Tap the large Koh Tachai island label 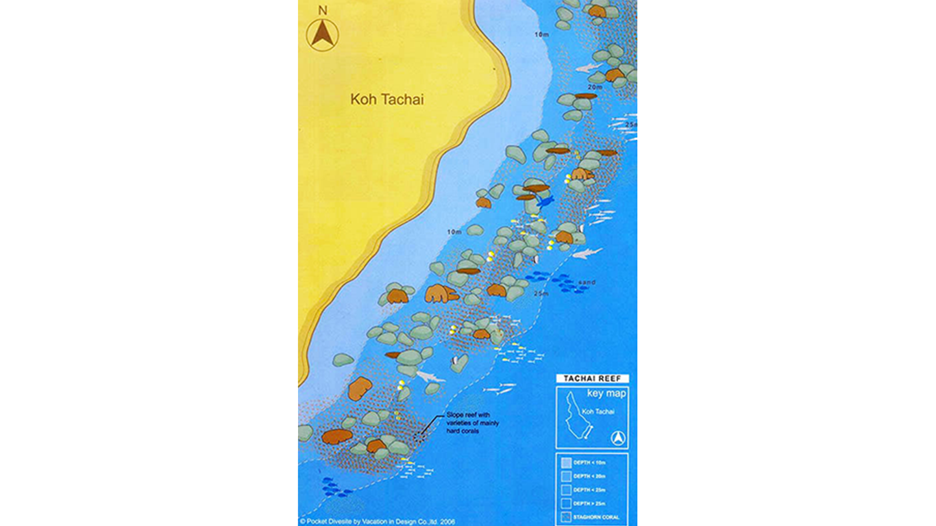click(386, 100)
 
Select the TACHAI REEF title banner click(591, 379)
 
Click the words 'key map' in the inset click(606, 393)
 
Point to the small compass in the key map click(618, 438)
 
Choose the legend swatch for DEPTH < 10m click(565, 462)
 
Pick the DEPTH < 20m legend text click(589, 476)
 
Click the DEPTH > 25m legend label click(589, 503)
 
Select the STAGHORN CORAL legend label click(595, 517)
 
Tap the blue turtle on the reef click(545, 201)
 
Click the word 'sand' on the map click(587, 282)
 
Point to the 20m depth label click(595, 87)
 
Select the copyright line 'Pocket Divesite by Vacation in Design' click(376, 521)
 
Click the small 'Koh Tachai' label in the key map click(598, 412)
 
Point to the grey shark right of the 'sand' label click(587, 253)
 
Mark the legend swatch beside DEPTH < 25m click(565, 490)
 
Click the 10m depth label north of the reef click(541, 34)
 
